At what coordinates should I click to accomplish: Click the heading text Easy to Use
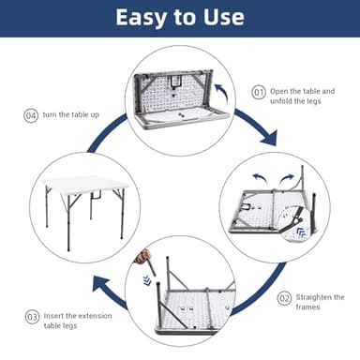pyautogui.click(x=180, y=18)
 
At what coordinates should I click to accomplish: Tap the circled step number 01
pyautogui.click(x=259, y=93)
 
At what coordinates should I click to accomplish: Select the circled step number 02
pyautogui.click(x=284, y=299)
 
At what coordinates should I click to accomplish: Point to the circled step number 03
pyautogui.click(x=32, y=317)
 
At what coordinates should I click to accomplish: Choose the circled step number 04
pyautogui.click(x=31, y=115)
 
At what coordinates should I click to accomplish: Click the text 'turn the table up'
pyautogui.click(x=71, y=114)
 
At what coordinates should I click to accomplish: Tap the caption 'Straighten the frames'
pyautogui.click(x=320, y=302)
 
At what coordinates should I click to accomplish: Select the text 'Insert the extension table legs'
pyautogui.click(x=78, y=321)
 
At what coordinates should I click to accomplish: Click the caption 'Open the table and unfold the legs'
pyautogui.click(x=302, y=96)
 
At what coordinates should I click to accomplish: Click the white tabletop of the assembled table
pyautogui.click(x=85, y=184)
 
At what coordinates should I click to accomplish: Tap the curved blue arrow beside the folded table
pyautogui.click(x=222, y=93)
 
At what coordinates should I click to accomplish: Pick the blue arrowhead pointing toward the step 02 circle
pyautogui.click(x=269, y=138)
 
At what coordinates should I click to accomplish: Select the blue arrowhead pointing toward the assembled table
pyautogui.click(x=101, y=286)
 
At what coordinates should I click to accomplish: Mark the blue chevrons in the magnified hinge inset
pyautogui.click(x=301, y=232)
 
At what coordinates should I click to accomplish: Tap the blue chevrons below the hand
pyautogui.click(x=146, y=279)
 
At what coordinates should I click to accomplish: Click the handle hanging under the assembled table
pyautogui.click(x=96, y=195)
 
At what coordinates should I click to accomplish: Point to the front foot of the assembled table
pyautogui.click(x=68, y=249)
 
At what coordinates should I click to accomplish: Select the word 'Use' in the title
pyautogui.click(x=224, y=17)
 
